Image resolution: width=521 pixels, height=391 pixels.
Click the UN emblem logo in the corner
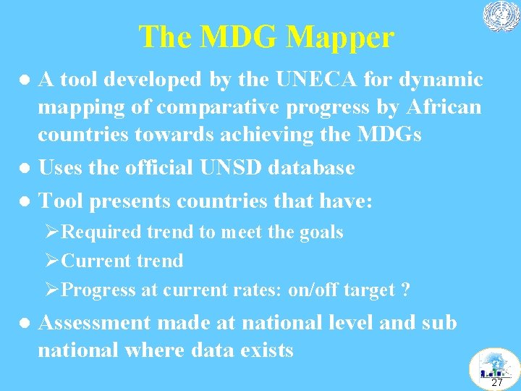pyautogui.click(x=501, y=17)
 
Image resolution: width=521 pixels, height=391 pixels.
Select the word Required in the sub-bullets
pyautogui.click(x=101, y=232)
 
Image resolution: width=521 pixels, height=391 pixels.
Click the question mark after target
pyautogui.click(x=406, y=290)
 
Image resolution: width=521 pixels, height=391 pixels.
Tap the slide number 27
pyautogui.click(x=496, y=382)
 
